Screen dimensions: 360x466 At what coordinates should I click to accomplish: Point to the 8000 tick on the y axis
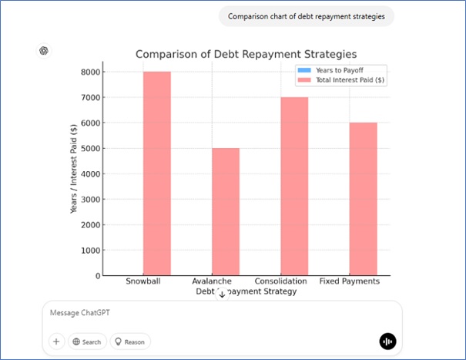click(x=90, y=72)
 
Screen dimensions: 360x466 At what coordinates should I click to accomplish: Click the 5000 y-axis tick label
click(x=90, y=148)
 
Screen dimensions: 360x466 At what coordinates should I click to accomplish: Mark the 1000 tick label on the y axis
click(x=90, y=250)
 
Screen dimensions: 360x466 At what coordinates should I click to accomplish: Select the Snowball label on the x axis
click(x=142, y=281)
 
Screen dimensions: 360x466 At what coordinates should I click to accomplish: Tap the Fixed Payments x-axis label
click(x=349, y=281)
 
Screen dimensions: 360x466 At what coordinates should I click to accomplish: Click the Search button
click(x=85, y=341)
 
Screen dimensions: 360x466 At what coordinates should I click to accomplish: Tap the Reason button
click(x=130, y=341)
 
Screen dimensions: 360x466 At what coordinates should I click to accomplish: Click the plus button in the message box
click(x=56, y=341)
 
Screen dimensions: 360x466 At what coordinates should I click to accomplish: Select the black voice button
click(x=387, y=341)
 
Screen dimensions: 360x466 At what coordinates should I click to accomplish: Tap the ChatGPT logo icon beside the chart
click(x=44, y=51)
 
